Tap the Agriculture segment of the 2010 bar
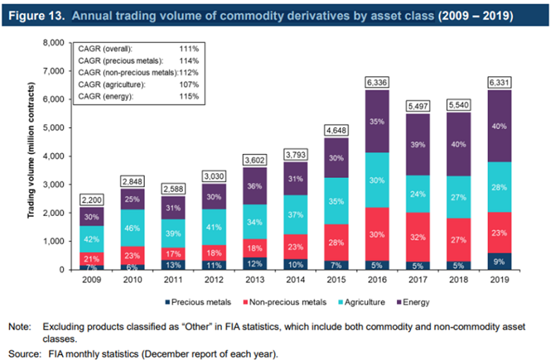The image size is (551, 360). [132, 228]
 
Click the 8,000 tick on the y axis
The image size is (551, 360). [53, 43]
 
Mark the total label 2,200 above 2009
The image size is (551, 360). [91, 200]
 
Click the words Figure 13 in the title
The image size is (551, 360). [35, 13]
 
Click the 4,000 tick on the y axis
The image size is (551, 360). [53, 156]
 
